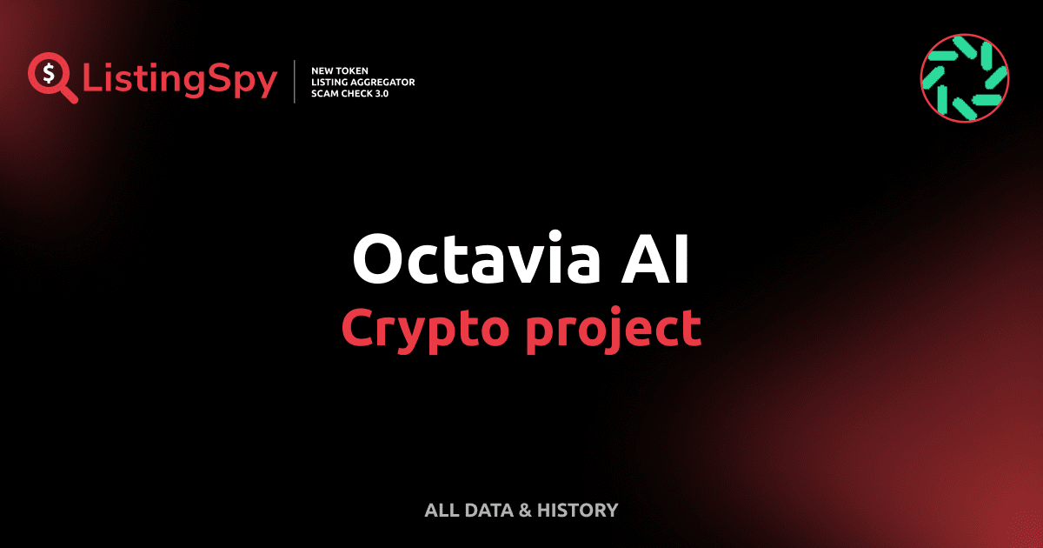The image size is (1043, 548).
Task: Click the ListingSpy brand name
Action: tap(180, 80)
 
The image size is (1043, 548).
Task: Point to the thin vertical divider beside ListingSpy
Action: tap(296, 82)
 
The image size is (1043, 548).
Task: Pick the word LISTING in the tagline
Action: tap(329, 82)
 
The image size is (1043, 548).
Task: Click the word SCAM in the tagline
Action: tap(324, 93)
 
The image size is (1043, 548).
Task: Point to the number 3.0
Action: tap(382, 93)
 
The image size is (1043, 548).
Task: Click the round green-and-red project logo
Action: tap(964, 78)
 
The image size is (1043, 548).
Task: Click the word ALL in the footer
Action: tap(440, 511)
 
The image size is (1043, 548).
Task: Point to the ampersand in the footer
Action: tap(524, 511)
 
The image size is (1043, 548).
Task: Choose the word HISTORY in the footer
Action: tap(577, 511)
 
